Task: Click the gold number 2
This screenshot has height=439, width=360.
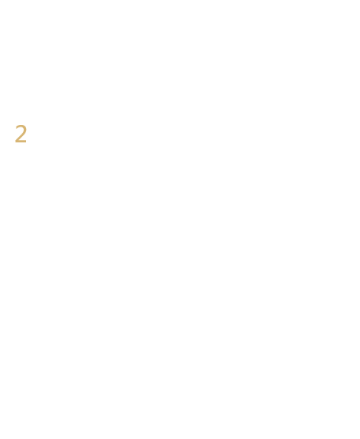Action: pyautogui.click(x=21, y=134)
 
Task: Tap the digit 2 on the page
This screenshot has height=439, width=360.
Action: pyautogui.click(x=21, y=134)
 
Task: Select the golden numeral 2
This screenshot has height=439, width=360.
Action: pyautogui.click(x=21, y=134)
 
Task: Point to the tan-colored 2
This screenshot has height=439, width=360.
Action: pyautogui.click(x=21, y=134)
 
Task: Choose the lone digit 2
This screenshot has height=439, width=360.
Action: pyautogui.click(x=21, y=134)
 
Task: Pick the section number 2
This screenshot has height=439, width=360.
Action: pyautogui.click(x=21, y=134)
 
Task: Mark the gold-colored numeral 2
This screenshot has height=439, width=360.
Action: pyautogui.click(x=21, y=134)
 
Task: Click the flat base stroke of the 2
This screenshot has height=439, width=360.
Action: pyautogui.click(x=21, y=142)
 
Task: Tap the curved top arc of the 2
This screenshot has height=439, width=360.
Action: pyautogui.click(x=21, y=126)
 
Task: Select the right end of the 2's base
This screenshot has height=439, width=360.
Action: pyautogui.click(x=26, y=142)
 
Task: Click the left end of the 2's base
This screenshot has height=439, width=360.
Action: pyautogui.click(x=15, y=142)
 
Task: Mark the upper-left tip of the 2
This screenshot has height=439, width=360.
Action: pyautogui.click(x=16, y=128)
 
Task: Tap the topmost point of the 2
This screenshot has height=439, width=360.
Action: pyautogui.click(x=21, y=125)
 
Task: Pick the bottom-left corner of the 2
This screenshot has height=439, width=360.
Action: pyautogui.click(x=15, y=143)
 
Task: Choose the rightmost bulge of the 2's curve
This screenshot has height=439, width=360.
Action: pyautogui.click(x=25, y=130)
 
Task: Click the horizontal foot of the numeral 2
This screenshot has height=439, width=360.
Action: pyautogui.click(x=21, y=142)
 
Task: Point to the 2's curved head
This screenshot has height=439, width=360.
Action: pyautogui.click(x=21, y=126)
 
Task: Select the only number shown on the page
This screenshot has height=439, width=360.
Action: pyautogui.click(x=21, y=134)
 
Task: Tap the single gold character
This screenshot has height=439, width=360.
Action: pyautogui.click(x=21, y=134)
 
